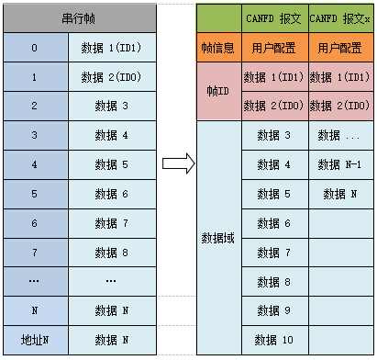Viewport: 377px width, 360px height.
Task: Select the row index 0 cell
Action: [35, 47]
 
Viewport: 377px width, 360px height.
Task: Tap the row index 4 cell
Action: [35, 164]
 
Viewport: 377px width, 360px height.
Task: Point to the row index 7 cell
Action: [35, 252]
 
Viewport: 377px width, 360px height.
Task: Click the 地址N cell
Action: [35, 340]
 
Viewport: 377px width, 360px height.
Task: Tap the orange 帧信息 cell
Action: [219, 47]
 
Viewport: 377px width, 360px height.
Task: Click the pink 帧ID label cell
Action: [219, 93]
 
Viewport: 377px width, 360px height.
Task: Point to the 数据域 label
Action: [219, 238]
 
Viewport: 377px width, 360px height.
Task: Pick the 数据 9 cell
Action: [274, 310]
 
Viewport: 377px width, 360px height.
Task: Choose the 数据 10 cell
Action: [274, 340]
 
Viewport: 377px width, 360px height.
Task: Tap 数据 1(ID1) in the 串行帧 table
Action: [111, 47]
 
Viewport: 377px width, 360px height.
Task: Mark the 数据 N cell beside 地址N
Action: [111, 340]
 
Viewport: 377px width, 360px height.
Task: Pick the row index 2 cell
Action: [35, 106]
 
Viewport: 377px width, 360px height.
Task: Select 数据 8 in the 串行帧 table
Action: [111, 252]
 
